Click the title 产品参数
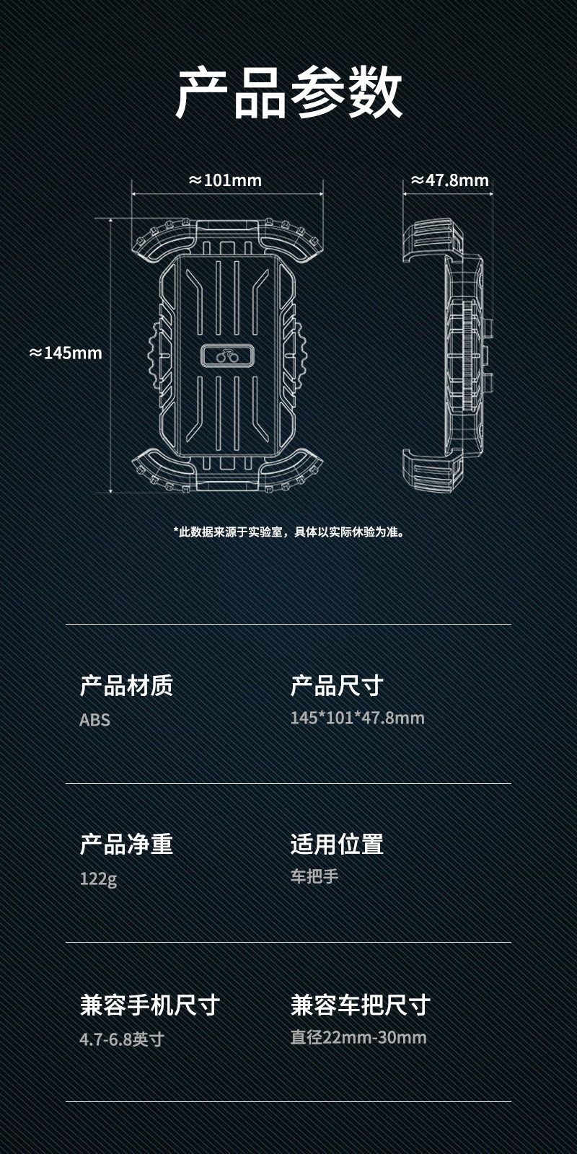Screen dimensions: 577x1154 288,92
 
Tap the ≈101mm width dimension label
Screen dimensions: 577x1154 225,180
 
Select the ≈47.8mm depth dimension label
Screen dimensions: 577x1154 450,180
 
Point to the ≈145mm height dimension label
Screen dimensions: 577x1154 66,353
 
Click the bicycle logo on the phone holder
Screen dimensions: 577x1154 226,355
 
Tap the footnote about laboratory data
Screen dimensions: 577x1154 288,532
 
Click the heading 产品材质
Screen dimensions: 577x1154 126,686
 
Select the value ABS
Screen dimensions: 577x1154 94,720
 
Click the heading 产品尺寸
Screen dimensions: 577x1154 337,686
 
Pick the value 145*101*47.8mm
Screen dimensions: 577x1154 357,718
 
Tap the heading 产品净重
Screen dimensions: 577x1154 126,845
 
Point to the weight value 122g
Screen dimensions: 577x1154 98,878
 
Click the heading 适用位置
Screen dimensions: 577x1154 337,845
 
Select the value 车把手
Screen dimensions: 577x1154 314,877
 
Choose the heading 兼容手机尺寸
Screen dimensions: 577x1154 149,1005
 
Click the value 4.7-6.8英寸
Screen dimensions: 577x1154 122,1039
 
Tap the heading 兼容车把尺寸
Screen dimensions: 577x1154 360,1005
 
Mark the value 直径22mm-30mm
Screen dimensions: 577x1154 358,1038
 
